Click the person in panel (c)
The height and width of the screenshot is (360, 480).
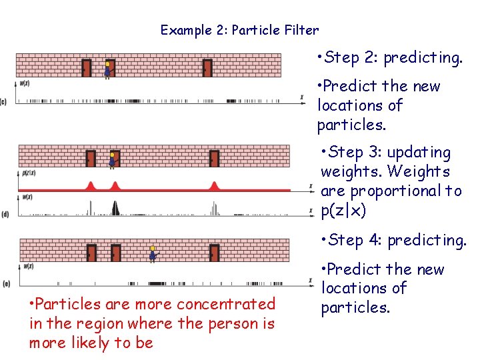(x=107, y=69)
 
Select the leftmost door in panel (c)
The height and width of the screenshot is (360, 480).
(x=87, y=68)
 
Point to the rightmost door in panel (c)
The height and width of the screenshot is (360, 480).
(x=207, y=68)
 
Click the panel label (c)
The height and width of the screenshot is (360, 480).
(x=4, y=102)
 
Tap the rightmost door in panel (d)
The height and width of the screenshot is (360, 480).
(x=214, y=158)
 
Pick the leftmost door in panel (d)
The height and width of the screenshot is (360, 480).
(x=91, y=158)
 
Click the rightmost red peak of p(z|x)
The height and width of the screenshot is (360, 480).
(x=214, y=185)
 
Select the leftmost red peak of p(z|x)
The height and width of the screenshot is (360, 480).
(x=91, y=185)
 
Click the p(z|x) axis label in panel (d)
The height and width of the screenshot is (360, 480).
(x=29, y=173)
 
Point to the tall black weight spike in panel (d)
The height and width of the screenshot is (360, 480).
(x=115, y=207)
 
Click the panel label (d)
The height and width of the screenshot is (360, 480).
(x=5, y=215)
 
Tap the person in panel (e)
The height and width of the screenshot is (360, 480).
(x=153, y=253)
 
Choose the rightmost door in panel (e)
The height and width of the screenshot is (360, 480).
(x=214, y=253)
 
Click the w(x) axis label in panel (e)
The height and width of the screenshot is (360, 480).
(x=28, y=266)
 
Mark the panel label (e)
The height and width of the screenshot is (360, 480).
(x=5, y=284)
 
